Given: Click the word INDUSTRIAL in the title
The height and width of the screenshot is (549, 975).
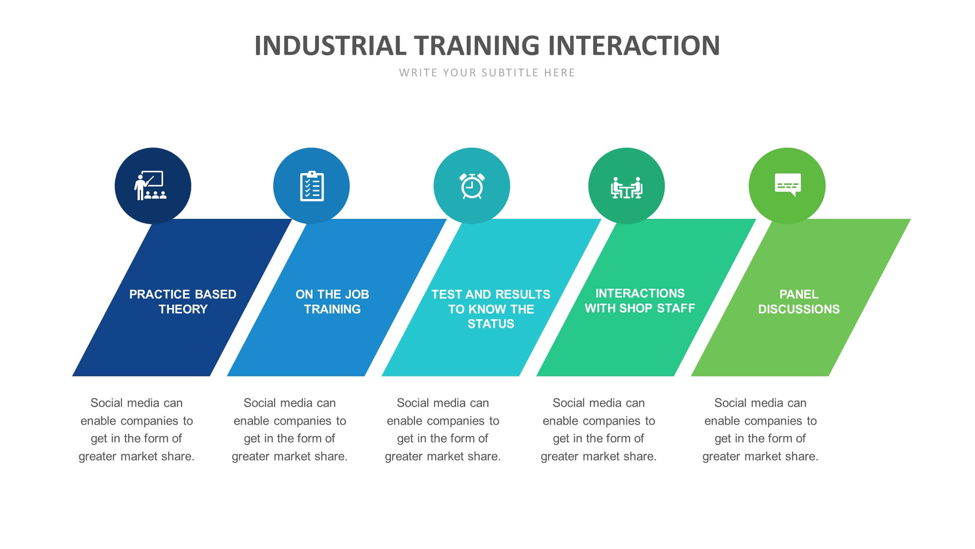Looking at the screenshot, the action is pyautogui.click(x=330, y=46).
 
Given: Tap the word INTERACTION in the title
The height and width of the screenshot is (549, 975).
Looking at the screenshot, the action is pyautogui.click(x=634, y=46).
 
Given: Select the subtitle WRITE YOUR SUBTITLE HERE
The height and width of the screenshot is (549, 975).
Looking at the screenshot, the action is pyautogui.click(x=487, y=73).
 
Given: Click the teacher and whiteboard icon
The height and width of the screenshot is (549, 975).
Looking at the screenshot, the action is pyautogui.click(x=150, y=186).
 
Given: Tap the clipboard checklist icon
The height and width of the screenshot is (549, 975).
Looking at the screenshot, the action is pyautogui.click(x=312, y=186).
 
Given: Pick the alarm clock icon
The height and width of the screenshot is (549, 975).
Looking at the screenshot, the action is pyautogui.click(x=472, y=186).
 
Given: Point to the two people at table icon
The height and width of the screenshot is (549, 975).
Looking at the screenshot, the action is pyautogui.click(x=627, y=188).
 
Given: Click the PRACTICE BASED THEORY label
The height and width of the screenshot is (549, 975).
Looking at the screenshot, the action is pyautogui.click(x=183, y=302).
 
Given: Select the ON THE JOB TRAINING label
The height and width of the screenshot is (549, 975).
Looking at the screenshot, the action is pyautogui.click(x=332, y=302).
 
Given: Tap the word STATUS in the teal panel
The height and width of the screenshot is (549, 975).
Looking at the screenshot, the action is pyautogui.click(x=491, y=324).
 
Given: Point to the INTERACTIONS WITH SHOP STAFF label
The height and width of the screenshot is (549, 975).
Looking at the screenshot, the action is pyautogui.click(x=640, y=300).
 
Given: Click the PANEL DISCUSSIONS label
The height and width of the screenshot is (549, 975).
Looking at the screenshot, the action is pyautogui.click(x=799, y=302).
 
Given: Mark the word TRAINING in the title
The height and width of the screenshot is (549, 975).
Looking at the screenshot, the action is pyautogui.click(x=477, y=46).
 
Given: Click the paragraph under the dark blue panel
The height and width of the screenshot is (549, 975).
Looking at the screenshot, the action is pyautogui.click(x=136, y=430).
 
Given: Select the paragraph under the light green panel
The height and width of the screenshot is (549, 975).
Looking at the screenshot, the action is pyautogui.click(x=760, y=430).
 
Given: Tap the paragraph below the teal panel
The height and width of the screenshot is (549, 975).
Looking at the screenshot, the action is pyautogui.click(x=443, y=430).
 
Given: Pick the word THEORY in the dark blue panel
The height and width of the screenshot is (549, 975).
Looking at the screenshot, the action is pyautogui.click(x=183, y=309).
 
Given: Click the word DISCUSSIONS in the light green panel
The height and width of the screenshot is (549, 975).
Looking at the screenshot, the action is pyautogui.click(x=799, y=309).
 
